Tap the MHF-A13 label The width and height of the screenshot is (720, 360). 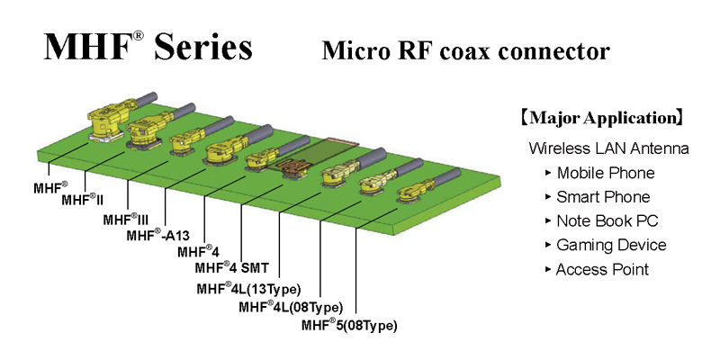click(x=157, y=236)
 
